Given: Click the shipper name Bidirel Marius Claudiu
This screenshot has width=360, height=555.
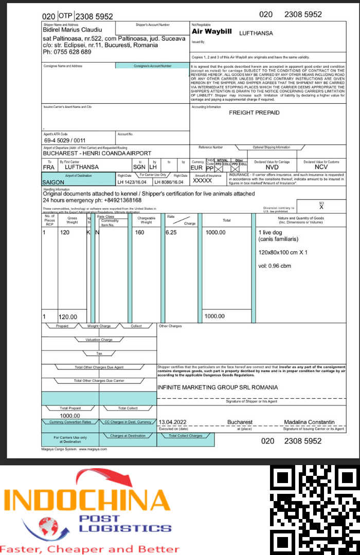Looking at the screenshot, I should tap(73, 30).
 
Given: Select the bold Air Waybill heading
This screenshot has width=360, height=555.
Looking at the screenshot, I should tap(211, 32).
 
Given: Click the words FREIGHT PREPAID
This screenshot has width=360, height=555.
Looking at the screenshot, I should tap(254, 113).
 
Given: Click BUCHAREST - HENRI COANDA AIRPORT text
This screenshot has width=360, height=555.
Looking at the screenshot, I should tap(97, 153).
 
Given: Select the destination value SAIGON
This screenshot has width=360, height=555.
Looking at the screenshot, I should tap(53, 182).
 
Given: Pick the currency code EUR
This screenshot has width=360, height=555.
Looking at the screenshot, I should tap(196, 168).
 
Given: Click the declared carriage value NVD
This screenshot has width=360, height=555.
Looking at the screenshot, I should tap(272, 168).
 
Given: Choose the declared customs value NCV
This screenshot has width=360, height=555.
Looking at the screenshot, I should tap(321, 167).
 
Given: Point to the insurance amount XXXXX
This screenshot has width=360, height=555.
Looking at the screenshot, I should tap(202, 181).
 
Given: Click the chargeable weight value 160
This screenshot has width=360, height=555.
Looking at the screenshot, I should tap(140, 232).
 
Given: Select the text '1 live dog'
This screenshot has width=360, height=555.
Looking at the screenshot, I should tap(271, 232).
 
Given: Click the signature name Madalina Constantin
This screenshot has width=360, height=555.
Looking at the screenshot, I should tap(309, 422).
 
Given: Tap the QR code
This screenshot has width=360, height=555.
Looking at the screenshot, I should tap(315, 510).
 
